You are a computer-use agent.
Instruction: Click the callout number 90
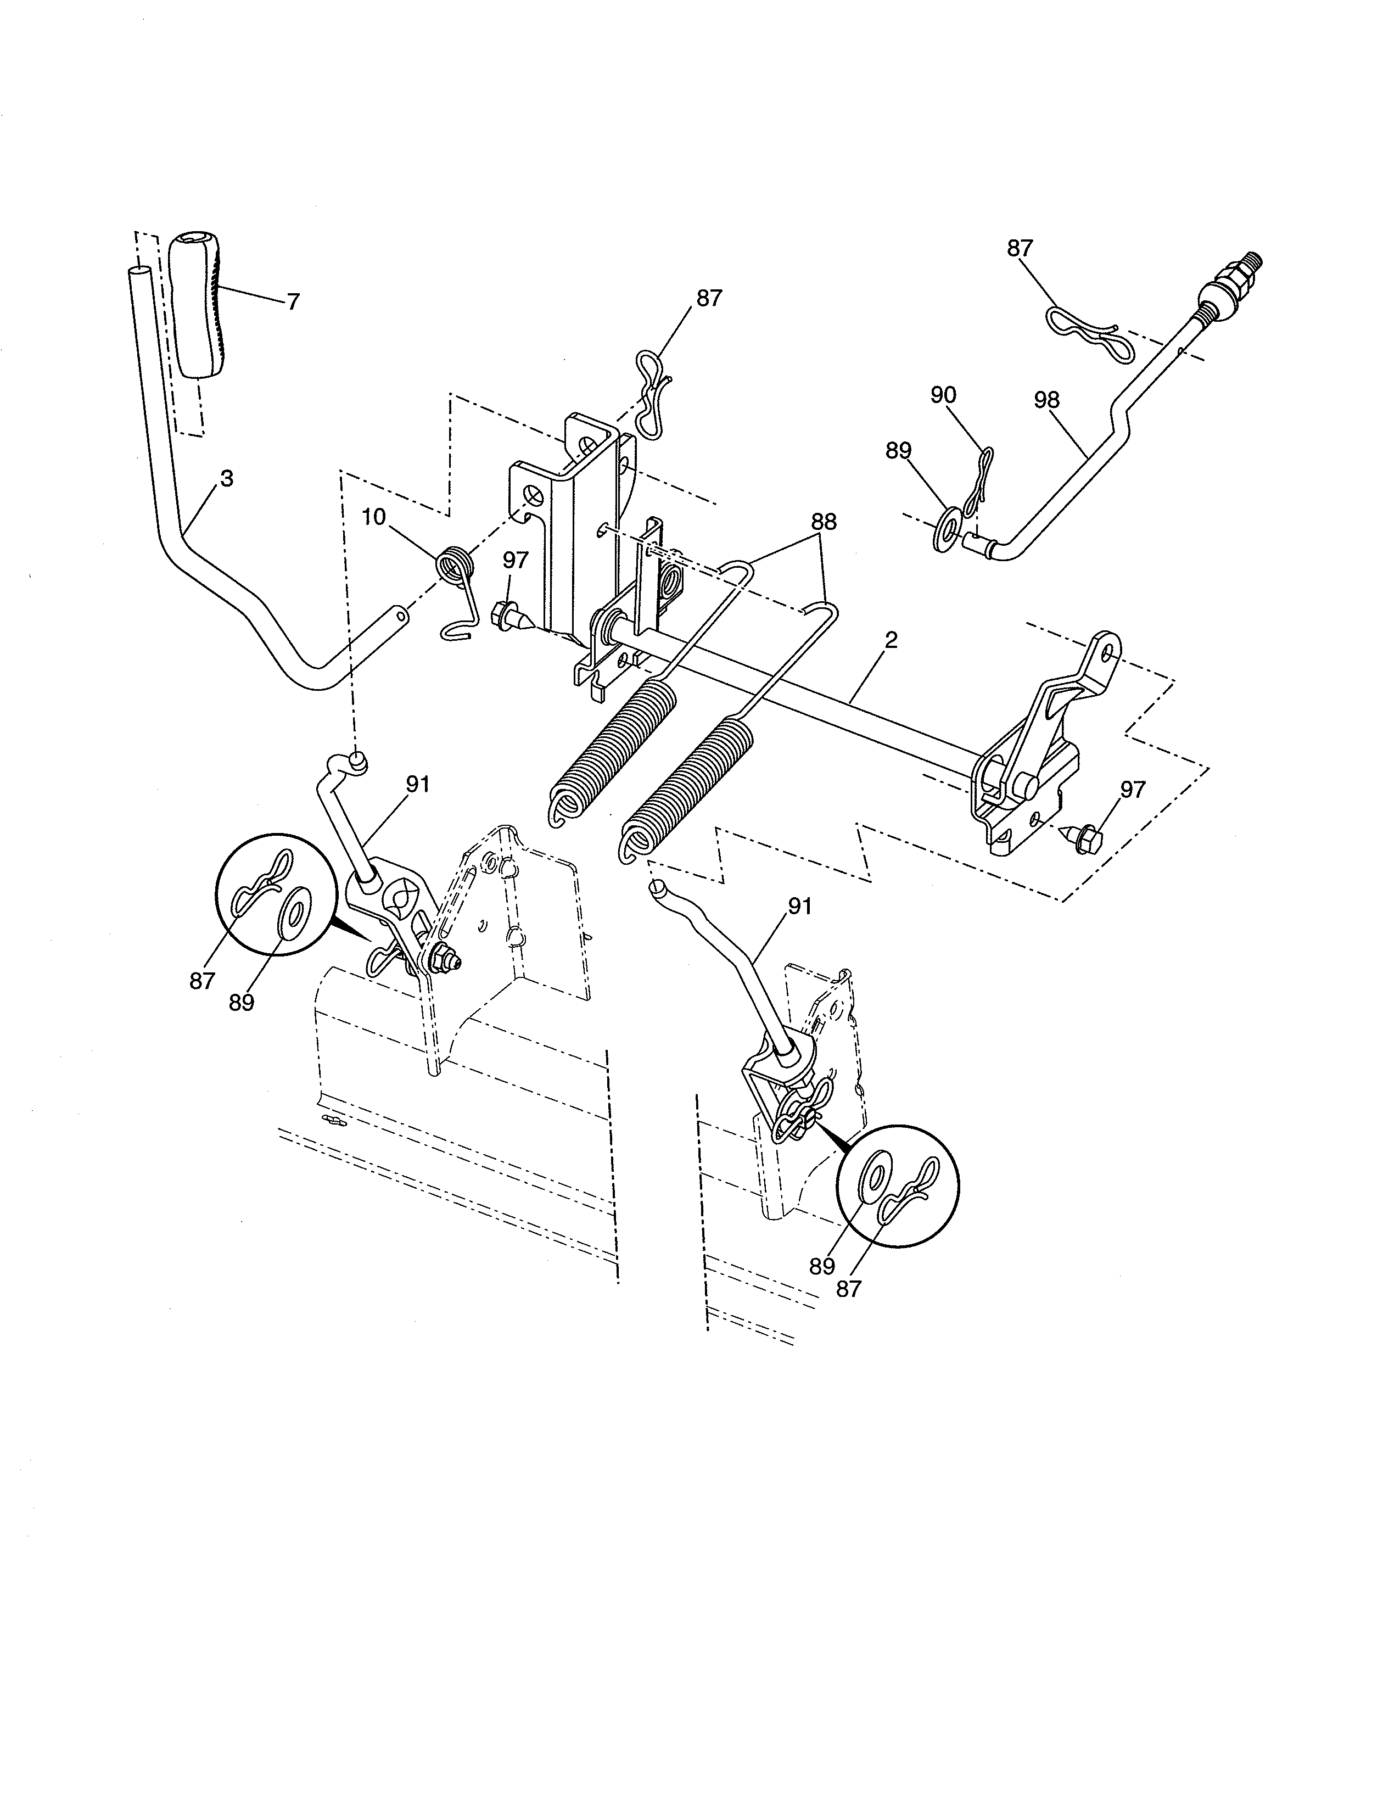click(943, 395)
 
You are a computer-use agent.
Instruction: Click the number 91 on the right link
click(799, 907)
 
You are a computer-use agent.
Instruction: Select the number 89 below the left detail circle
click(242, 1002)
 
